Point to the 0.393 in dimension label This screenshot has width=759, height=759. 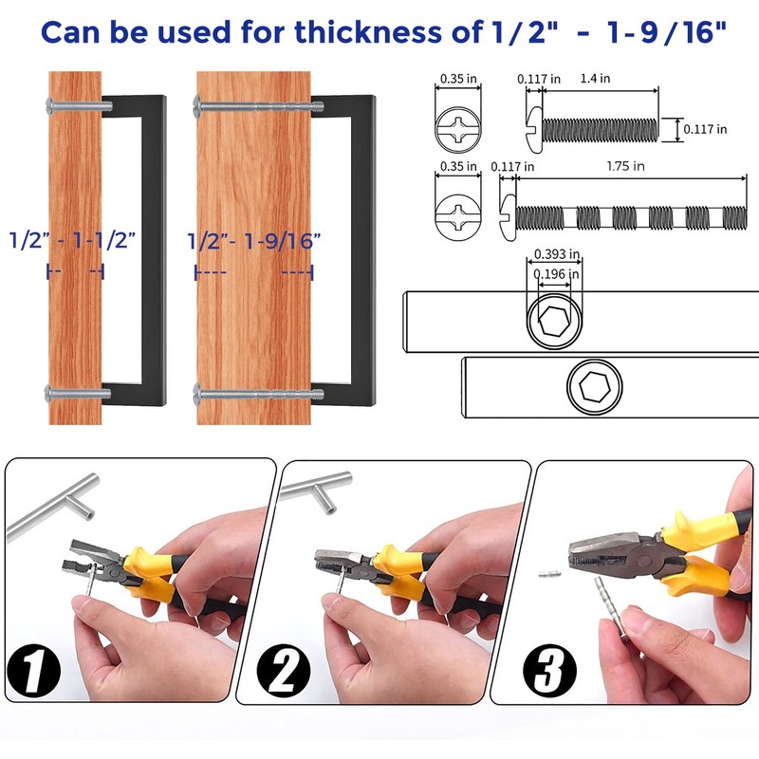[557, 254]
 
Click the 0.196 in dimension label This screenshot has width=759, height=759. [557, 275]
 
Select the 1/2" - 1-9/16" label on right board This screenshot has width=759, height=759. [254, 239]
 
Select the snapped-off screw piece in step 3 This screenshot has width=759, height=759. [546, 575]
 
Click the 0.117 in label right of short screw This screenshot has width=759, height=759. [708, 129]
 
